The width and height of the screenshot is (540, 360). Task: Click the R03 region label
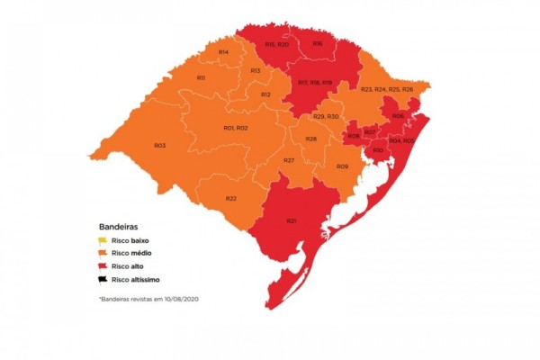point(159,145)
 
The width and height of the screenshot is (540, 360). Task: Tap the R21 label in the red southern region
point(292,220)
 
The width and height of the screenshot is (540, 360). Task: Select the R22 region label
point(231,198)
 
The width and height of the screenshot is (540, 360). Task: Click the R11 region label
point(202,78)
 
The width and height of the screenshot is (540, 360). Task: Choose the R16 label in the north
point(317,44)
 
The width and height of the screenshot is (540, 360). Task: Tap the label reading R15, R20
point(276,44)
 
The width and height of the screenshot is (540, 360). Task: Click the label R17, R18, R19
point(315,83)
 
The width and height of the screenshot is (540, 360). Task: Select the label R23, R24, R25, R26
point(386,90)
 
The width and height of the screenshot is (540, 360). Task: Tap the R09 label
point(342,166)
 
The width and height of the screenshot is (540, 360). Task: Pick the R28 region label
point(310,139)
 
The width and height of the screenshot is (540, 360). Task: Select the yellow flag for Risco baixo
point(103,240)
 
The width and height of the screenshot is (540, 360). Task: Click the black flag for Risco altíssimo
point(103,280)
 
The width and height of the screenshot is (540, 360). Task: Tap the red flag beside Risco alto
point(103,267)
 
